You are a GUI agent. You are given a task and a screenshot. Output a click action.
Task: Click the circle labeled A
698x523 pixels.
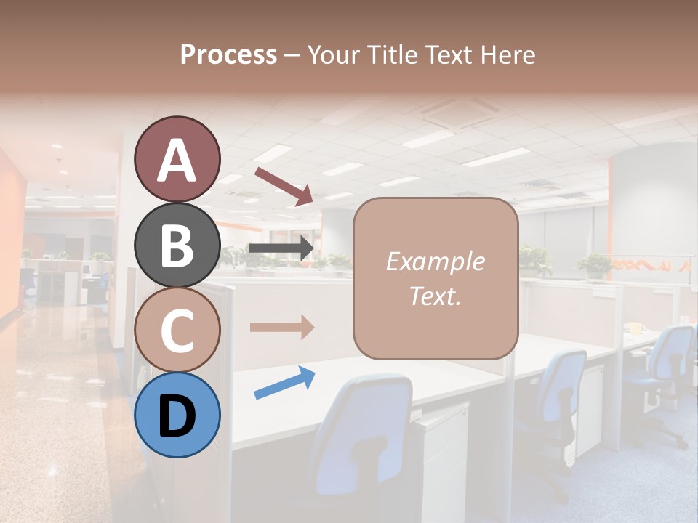(177, 159)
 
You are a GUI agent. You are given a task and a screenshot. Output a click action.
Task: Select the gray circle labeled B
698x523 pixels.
(177, 245)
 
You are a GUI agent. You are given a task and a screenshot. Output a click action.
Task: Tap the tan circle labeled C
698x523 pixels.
(177, 330)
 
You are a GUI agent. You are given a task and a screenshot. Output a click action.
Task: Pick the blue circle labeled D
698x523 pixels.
(177, 415)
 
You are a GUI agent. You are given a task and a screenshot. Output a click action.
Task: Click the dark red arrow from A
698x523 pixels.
(284, 185)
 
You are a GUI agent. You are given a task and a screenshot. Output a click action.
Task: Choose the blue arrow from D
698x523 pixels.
(284, 383)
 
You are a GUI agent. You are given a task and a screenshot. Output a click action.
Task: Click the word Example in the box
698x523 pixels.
(435, 261)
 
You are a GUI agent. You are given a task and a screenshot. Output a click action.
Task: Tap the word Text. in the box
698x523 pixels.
(435, 296)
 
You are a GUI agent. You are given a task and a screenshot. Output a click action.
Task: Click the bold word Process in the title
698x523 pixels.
(228, 54)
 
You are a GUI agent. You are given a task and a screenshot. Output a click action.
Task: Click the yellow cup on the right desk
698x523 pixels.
(634, 328)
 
